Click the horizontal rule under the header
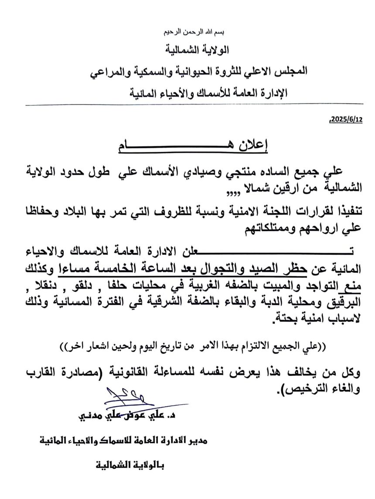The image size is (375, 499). [187, 105]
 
